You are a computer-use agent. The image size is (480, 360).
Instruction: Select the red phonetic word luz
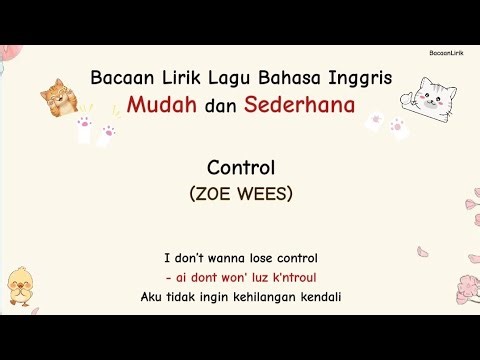tap(253, 277)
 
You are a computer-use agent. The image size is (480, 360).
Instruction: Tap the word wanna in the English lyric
tap(219, 258)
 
